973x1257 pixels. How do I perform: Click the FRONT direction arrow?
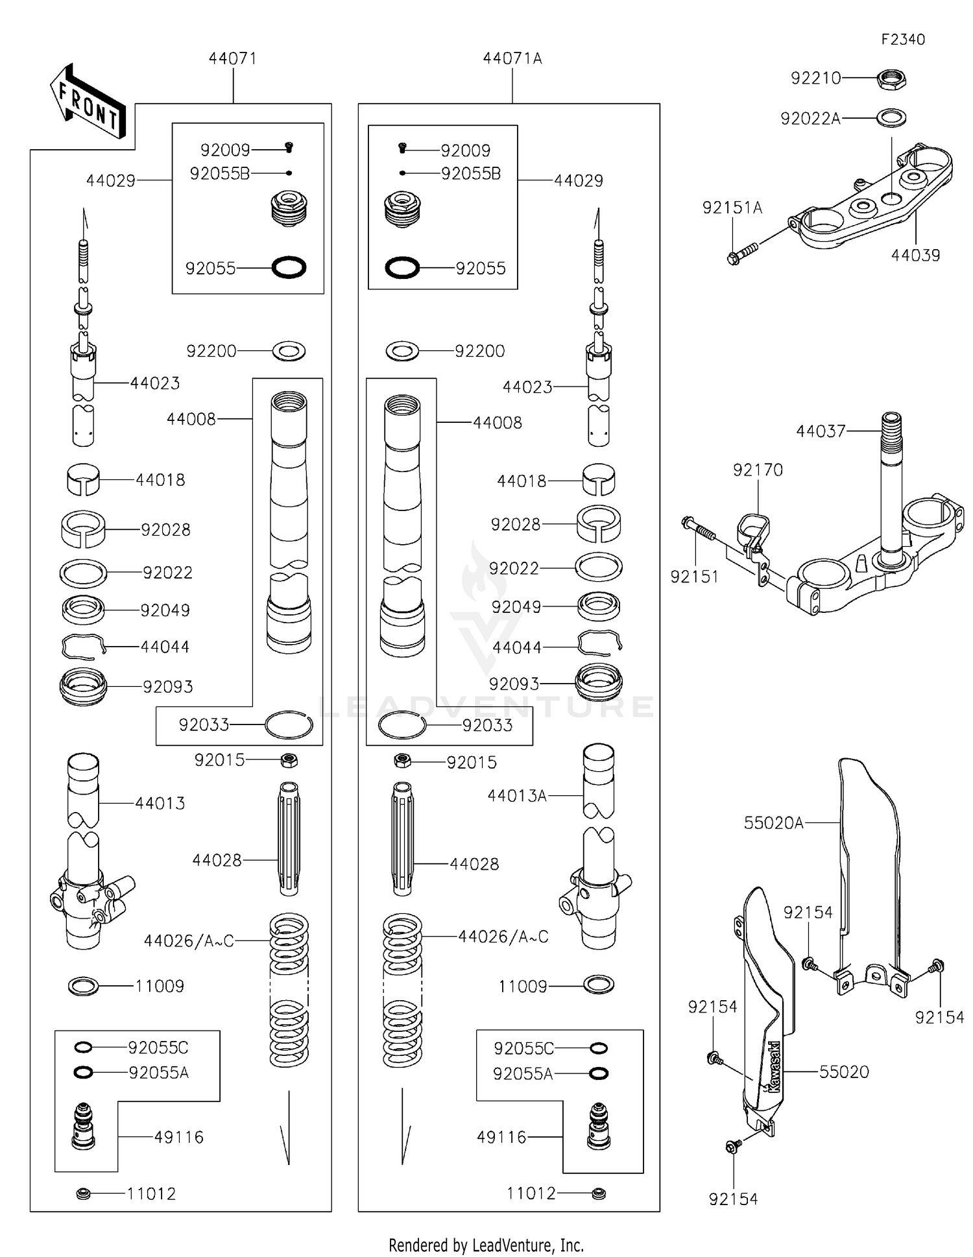(87, 102)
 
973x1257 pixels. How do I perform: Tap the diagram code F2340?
(902, 40)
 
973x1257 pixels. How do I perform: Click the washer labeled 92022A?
(891, 118)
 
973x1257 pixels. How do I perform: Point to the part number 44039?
(915, 256)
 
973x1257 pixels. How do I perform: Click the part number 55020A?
(773, 823)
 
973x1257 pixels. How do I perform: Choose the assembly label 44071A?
(512, 58)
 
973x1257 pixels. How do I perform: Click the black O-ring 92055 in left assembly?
(289, 267)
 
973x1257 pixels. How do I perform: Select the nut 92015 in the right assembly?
(402, 760)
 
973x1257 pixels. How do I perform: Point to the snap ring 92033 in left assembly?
(289, 724)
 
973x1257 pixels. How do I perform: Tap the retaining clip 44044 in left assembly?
(83, 646)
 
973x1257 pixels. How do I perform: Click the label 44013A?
(517, 796)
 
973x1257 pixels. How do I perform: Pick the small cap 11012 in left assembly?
(83, 1193)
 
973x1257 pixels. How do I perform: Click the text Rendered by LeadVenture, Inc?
(486, 1245)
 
